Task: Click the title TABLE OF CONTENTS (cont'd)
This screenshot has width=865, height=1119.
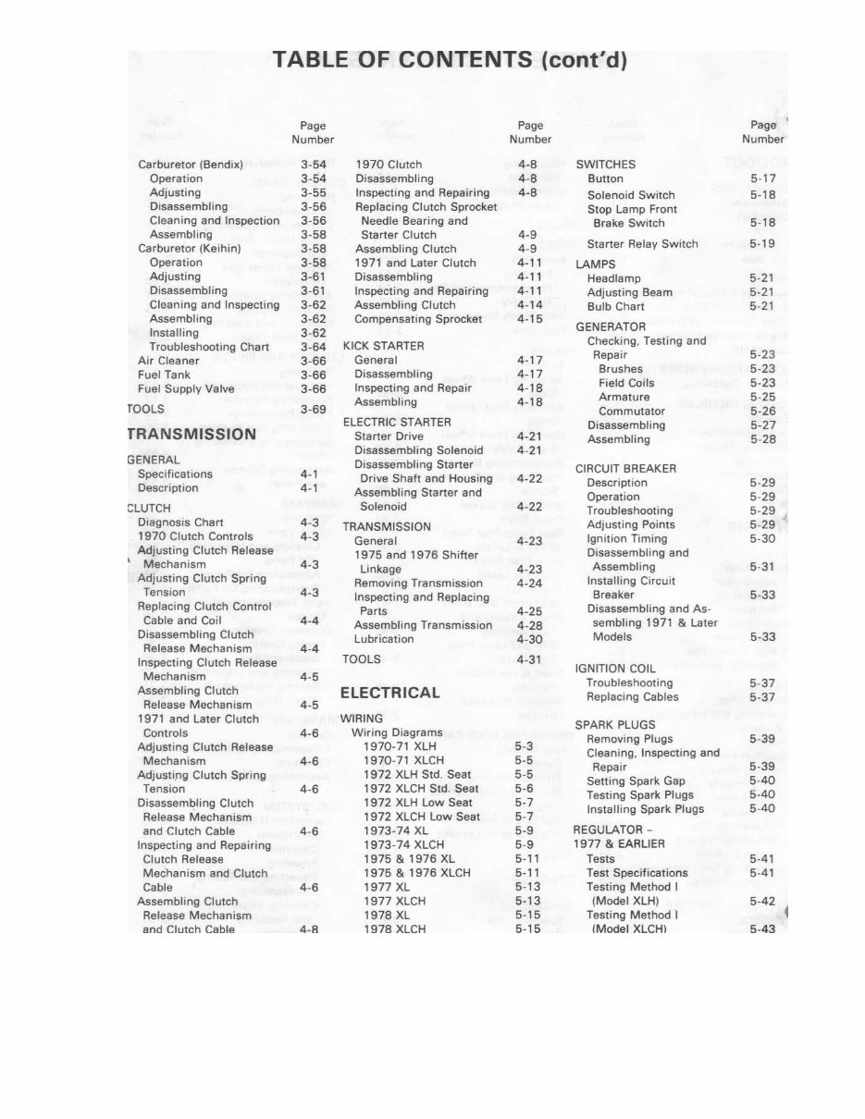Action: coord(450,61)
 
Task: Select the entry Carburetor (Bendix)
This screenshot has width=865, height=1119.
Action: coord(190,165)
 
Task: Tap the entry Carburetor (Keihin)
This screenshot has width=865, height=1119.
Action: coord(189,249)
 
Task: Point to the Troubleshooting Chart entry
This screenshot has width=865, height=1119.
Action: coord(209,347)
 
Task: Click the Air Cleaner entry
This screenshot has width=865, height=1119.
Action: coord(167,361)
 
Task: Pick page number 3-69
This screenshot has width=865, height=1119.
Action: coord(314,409)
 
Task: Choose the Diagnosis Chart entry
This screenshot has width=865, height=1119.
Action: coord(180,522)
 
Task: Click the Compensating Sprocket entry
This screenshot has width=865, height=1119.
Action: coord(418,319)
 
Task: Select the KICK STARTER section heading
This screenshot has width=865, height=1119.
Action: coord(383,346)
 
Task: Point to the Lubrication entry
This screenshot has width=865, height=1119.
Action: coord(384,639)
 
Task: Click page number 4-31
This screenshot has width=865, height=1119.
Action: coord(529,659)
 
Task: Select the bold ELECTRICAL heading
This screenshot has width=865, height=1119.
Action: coord(389,693)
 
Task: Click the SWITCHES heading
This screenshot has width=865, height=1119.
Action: coord(605,165)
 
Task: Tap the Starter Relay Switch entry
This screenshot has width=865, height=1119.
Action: coord(642,244)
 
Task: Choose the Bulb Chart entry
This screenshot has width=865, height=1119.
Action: coord(615,306)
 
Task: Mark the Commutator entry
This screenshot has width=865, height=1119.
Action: coord(631,412)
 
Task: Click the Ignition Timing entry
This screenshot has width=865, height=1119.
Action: coord(626,538)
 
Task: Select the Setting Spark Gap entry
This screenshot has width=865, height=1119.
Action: coord(636,781)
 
